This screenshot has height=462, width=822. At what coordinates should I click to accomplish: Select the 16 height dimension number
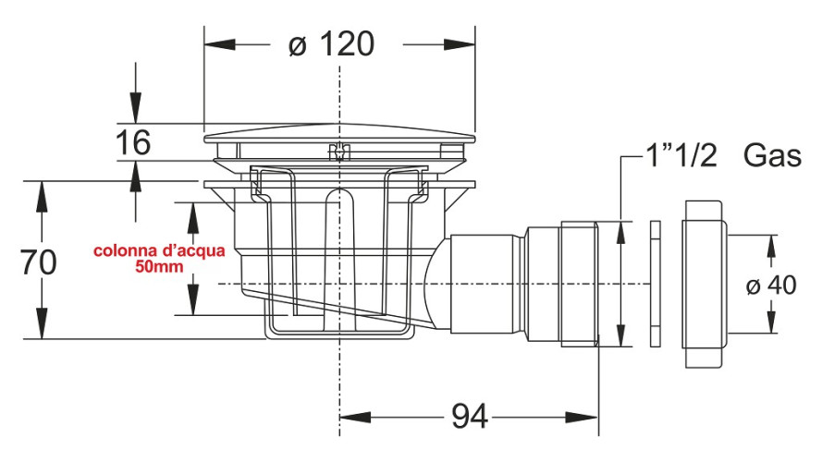click(x=133, y=143)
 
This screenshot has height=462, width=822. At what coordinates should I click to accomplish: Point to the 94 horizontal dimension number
click(x=470, y=418)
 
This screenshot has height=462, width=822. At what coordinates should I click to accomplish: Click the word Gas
click(x=772, y=156)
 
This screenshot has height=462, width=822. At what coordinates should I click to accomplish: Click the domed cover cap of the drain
click(x=339, y=139)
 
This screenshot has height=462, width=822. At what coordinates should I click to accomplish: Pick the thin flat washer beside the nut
click(x=656, y=284)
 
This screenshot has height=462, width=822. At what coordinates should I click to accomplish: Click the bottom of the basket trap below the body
click(x=338, y=331)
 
